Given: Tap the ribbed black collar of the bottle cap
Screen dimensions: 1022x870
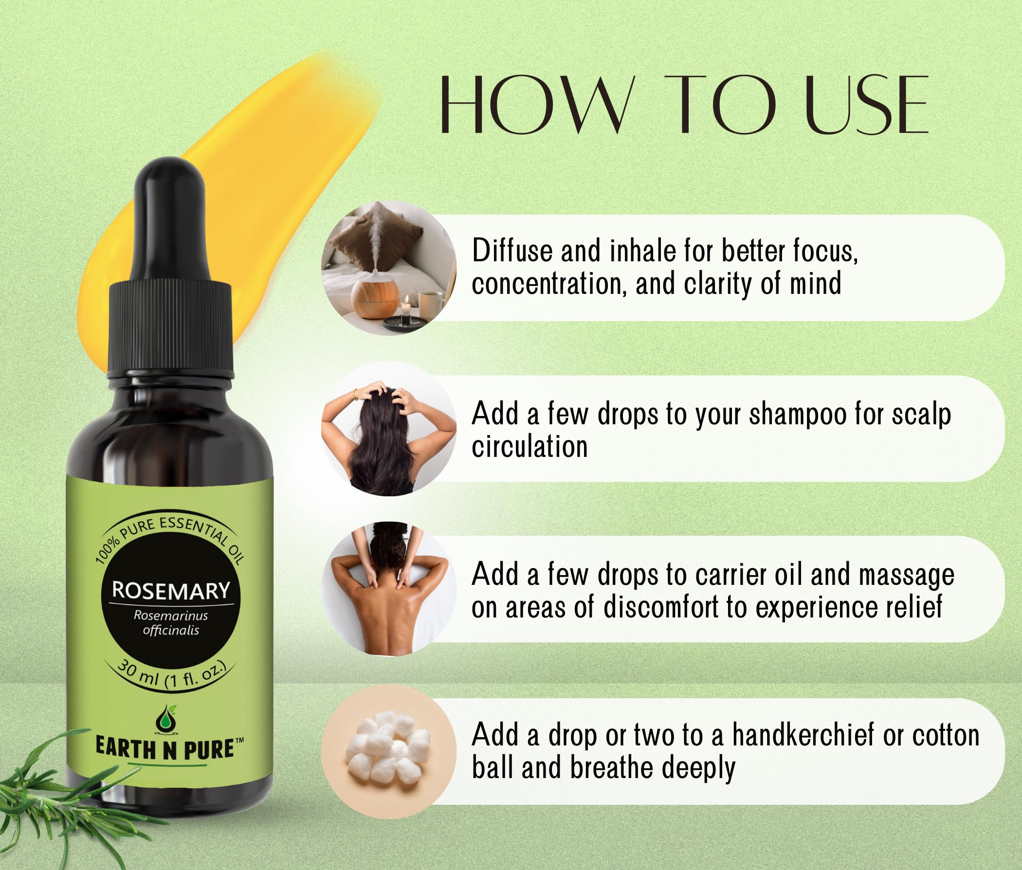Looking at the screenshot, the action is pyautogui.click(x=170, y=326).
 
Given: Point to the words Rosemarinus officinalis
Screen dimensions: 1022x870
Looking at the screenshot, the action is pyautogui.click(x=171, y=623).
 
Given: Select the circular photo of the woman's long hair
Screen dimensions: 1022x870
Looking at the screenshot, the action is pyautogui.click(x=389, y=429).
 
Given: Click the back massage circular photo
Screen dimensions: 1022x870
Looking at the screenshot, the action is pyautogui.click(x=389, y=589).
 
